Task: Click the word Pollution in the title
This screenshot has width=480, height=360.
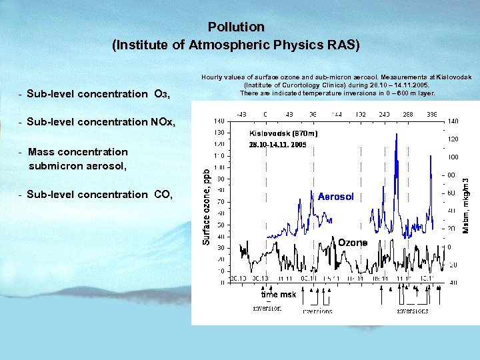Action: [x=236, y=27]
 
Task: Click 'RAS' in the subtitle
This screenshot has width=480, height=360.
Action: [x=344, y=45]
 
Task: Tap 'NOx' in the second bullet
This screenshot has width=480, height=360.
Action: [x=163, y=122]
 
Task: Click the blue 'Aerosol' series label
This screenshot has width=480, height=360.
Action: [x=335, y=197]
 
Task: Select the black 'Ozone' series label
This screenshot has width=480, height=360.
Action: [x=352, y=243]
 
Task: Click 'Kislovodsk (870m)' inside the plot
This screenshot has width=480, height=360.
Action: [x=279, y=134]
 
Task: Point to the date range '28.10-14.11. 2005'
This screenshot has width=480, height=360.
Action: [x=277, y=145]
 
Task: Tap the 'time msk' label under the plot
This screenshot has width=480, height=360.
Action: [x=278, y=295]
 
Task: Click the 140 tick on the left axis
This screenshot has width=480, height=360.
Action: [x=219, y=121]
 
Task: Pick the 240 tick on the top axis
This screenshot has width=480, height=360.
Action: [x=385, y=114]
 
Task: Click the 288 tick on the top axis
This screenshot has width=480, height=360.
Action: [x=409, y=114]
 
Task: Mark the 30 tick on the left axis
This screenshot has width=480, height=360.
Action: [x=219, y=247]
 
